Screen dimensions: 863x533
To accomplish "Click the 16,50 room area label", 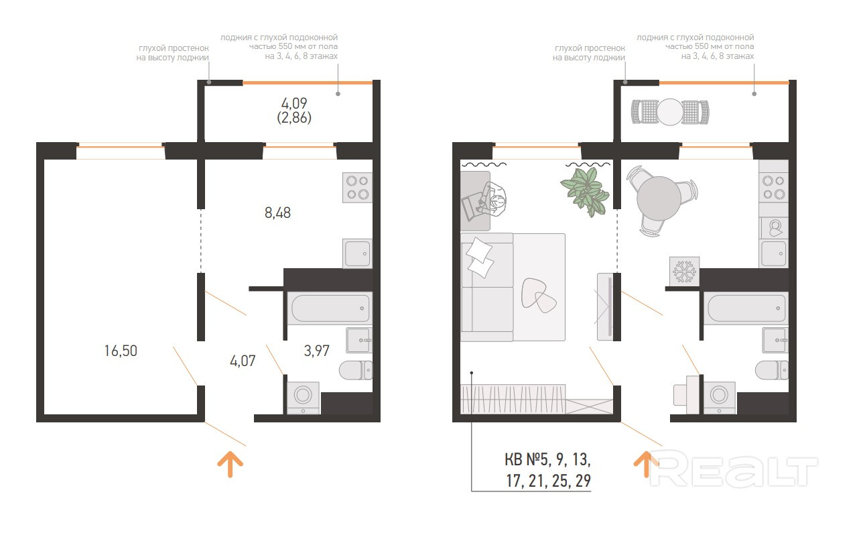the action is [121, 351].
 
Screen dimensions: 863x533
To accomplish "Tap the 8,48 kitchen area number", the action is [278, 213].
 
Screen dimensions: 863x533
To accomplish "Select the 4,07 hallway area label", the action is [243, 361].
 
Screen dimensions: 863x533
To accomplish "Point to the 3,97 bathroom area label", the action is [317, 351].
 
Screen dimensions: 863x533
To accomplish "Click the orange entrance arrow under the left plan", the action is [230, 464].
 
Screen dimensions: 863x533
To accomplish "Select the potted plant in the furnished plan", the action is [586, 192].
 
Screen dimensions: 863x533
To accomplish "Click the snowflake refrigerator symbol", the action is [684, 272].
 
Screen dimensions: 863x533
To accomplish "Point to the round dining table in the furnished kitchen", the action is [659, 198].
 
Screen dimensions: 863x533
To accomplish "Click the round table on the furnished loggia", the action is [670, 112].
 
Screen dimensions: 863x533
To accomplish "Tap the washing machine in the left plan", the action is [304, 398].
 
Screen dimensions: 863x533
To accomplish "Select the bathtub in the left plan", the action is [330, 308].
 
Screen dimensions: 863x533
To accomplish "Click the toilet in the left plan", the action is [356, 370].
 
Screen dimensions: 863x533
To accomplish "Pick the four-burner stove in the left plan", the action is [358, 188].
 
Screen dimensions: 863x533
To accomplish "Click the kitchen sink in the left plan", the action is [358, 253].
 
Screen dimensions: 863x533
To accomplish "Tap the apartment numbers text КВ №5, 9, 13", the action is [547, 459].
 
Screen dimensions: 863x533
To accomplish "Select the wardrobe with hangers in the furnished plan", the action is [513, 399].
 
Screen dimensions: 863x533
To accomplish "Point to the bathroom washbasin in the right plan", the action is [775, 341].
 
